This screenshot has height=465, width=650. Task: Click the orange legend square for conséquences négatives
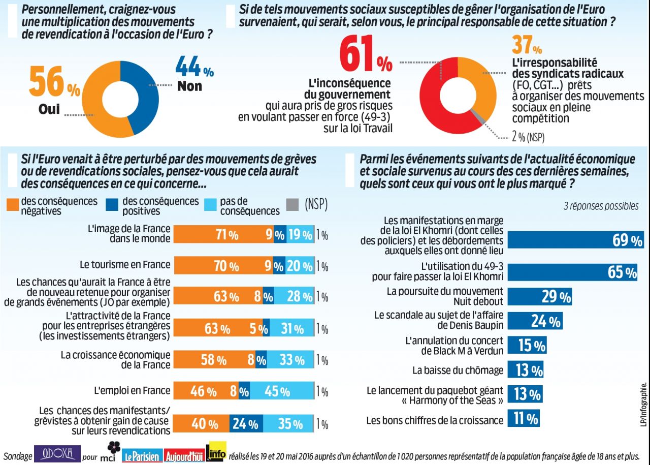click(x=14, y=205)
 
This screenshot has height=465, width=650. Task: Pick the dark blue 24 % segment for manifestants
click(x=246, y=424)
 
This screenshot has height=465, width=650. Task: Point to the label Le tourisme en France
click(x=124, y=265)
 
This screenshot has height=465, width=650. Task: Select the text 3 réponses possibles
click(x=601, y=206)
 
